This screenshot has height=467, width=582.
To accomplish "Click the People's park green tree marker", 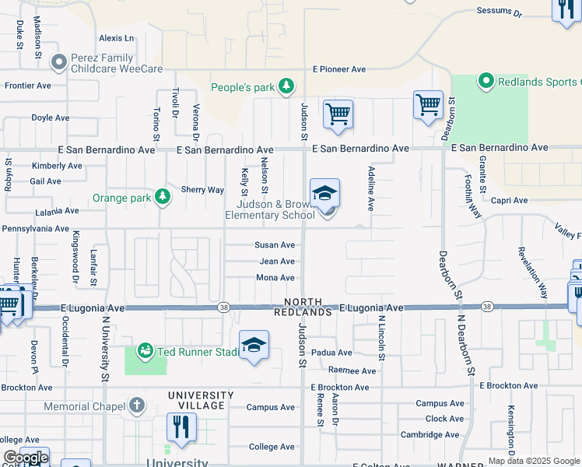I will pos(286,86).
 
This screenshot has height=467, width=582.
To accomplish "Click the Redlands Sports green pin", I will pos(486,80).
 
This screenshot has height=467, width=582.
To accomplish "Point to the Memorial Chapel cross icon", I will pos(137,405).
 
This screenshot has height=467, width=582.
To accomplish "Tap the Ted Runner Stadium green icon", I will pos(145,351).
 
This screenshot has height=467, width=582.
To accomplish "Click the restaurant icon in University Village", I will pos(181,427).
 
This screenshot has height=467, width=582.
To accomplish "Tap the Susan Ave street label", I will pos(275,244).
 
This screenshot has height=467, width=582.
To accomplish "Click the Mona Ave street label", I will pos(275,278).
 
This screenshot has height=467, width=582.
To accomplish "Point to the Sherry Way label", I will pos(202,190).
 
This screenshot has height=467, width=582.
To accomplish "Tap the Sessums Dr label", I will pos(498,12).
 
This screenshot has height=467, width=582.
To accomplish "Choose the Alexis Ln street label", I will pos(117,38).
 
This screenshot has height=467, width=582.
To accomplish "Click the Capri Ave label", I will pos(509,200).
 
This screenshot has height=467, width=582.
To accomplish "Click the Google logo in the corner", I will pos(25,458).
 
